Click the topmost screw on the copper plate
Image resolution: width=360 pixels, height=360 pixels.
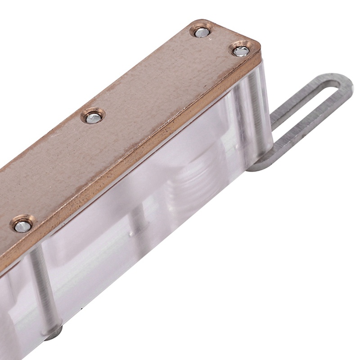pos(202,32)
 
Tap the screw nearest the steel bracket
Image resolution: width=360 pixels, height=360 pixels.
pos(241,51)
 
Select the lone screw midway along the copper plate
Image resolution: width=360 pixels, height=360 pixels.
pos(93,117)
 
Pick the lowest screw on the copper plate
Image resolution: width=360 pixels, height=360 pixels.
pos(22,225)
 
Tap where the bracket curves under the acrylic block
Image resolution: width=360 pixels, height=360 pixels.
pos(259,166)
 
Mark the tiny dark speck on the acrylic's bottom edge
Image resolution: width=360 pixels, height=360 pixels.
pos(81,310)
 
